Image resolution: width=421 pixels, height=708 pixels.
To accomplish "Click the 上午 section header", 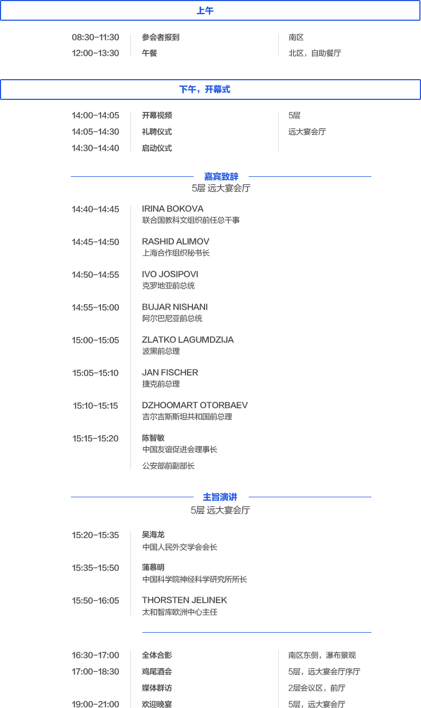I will (x=205, y=11).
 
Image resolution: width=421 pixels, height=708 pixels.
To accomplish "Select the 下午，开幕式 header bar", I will (x=205, y=90).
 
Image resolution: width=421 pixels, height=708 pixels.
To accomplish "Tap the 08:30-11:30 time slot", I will (x=95, y=38).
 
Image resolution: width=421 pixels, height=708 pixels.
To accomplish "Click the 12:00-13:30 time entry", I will (x=95, y=53).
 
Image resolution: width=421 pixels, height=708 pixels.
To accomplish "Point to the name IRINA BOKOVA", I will (x=173, y=209).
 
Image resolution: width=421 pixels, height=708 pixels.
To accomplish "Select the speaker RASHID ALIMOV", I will (x=176, y=242).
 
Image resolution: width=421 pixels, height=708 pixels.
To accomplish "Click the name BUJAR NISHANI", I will (x=175, y=307).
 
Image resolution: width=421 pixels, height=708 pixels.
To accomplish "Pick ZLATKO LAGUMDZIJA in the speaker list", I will (x=188, y=340).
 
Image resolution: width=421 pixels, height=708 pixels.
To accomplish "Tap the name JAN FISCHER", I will (x=170, y=373).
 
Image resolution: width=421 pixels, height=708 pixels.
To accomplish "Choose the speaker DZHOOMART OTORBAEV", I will (x=195, y=406).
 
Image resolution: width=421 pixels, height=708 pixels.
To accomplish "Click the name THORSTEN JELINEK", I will (x=184, y=600).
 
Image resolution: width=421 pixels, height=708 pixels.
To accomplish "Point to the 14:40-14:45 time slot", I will (x=95, y=209).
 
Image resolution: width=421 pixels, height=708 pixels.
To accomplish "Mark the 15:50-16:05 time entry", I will (x=95, y=600).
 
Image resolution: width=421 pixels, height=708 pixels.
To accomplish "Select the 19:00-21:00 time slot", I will (x=95, y=704).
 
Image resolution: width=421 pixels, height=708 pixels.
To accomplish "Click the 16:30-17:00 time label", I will (x=95, y=655).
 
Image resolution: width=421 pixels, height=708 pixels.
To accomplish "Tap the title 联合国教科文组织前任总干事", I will (x=191, y=221).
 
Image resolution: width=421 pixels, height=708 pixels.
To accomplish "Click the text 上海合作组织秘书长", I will (x=176, y=253).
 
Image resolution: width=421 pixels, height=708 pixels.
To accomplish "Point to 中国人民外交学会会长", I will (x=180, y=548).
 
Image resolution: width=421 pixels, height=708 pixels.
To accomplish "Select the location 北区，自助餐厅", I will (x=315, y=53).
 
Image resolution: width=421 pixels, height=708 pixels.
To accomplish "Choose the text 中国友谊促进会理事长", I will (x=180, y=450).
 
